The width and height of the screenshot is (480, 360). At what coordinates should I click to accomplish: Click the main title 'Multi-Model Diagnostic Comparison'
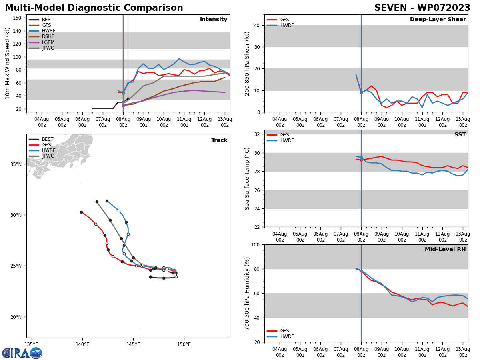[x=94, y=8]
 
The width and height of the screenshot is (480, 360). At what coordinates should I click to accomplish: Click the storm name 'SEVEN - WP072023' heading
[x=422, y=8]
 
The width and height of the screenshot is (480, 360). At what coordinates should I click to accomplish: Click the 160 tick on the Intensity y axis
[x=17, y=18]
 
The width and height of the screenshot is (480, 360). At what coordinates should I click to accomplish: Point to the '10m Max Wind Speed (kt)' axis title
[x=8, y=63]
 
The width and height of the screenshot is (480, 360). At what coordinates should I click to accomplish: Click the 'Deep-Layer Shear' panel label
[x=438, y=20]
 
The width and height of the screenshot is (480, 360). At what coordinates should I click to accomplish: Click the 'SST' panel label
[x=460, y=135]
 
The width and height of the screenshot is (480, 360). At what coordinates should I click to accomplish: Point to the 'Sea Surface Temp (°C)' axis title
[x=247, y=178]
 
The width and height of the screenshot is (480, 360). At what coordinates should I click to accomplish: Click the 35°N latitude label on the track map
[x=16, y=164]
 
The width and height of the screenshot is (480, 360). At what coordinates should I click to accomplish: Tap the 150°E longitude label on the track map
[x=184, y=344]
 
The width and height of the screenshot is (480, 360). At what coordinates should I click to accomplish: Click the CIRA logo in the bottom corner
[x=22, y=353]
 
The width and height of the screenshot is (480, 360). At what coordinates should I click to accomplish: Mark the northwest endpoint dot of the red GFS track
[x=81, y=212]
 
